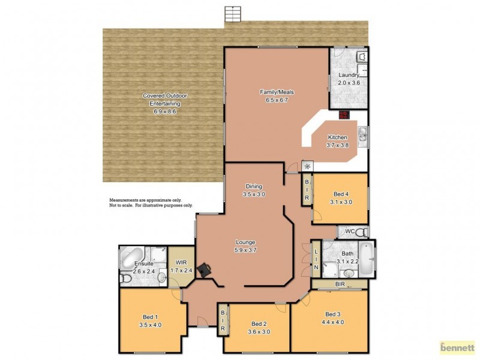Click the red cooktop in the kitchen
344,115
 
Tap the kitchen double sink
362,137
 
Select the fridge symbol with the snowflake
307,166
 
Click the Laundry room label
348,75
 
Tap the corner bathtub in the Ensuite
130,259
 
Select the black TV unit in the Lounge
205,270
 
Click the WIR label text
181,263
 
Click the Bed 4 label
340,194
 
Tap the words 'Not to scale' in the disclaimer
120,205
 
